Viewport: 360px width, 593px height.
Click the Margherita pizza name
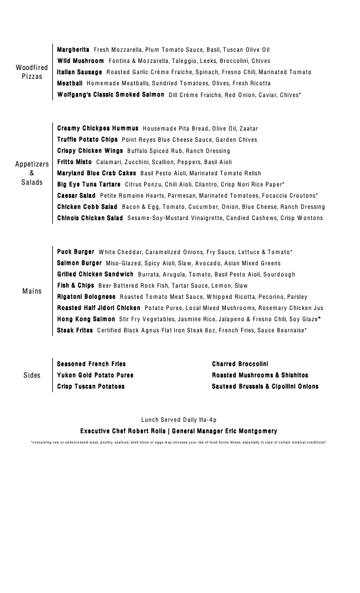pyautogui.click(x=73, y=50)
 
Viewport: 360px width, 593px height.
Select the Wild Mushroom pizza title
pyautogui.click(x=81, y=61)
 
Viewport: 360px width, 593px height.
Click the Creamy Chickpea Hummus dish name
pyautogui.click(x=98, y=128)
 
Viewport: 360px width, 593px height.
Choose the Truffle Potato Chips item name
pyautogui.click(x=87, y=140)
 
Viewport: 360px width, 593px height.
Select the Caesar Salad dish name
pyautogui.click(x=76, y=195)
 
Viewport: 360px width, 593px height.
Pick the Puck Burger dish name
pyautogui.click(x=75, y=252)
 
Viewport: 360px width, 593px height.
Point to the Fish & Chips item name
pyautogui.click(x=75, y=285)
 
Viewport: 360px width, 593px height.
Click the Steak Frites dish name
pyautogui.click(x=75, y=331)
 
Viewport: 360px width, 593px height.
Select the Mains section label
pyautogui.click(x=32, y=291)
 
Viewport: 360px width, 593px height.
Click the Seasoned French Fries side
pyautogui.click(x=91, y=364)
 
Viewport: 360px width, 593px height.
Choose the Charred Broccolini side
pyautogui.click(x=240, y=364)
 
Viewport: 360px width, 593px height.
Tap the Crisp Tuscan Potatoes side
pyautogui.click(x=91, y=387)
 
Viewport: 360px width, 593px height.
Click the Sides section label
pyautogui.click(x=32, y=375)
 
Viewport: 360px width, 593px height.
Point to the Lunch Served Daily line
pyautogui.click(x=179, y=419)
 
